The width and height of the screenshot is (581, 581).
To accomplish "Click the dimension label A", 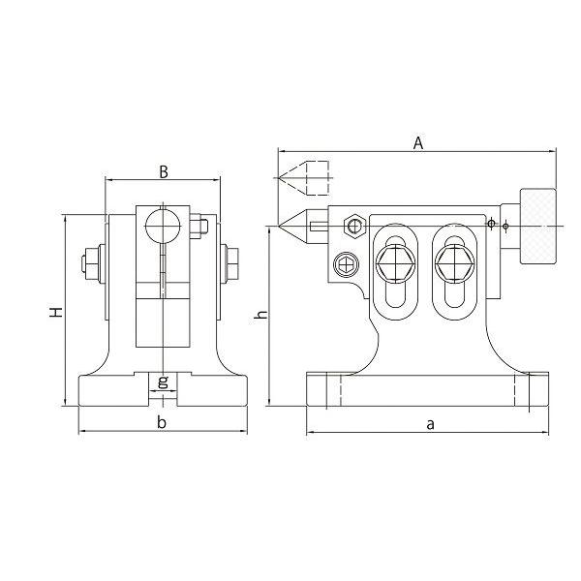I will (x=418, y=142).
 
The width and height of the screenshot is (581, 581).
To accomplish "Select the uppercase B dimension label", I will (x=164, y=172).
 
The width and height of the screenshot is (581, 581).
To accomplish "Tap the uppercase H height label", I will (x=56, y=312).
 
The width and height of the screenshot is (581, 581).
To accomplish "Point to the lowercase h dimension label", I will (x=259, y=317).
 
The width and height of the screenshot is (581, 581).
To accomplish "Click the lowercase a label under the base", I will (x=429, y=423).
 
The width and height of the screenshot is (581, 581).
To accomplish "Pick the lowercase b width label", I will (x=162, y=423).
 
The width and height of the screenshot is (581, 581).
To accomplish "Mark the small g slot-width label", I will (x=163, y=381).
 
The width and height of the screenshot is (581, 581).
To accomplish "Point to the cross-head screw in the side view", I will (x=346, y=263).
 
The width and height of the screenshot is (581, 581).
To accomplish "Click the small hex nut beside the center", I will (x=354, y=227).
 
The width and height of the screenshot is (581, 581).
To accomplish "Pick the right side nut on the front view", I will (x=232, y=261).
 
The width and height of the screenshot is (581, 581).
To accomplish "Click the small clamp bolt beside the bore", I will (x=199, y=228).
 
